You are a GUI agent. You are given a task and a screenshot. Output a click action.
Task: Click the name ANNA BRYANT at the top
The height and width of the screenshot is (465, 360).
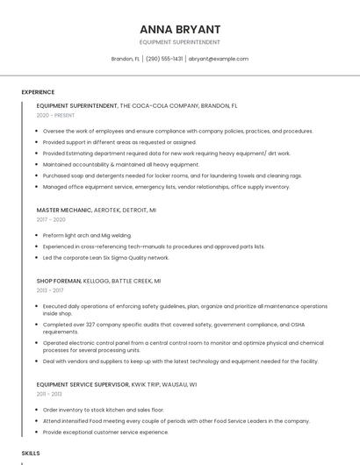[x=179, y=29]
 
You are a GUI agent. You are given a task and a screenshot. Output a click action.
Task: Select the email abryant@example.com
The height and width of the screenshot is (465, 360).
[x=219, y=59]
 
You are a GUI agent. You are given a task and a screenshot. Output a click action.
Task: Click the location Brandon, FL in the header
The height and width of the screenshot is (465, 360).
[x=125, y=59]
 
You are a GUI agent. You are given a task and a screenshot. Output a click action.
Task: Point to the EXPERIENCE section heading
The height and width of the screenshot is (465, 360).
[x=38, y=91]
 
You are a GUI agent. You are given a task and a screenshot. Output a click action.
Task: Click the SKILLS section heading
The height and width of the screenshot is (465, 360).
[x=31, y=453]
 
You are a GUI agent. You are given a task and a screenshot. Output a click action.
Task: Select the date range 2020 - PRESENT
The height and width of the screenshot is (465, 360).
[x=55, y=115]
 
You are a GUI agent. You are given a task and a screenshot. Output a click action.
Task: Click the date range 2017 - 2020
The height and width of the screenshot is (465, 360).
[x=51, y=219]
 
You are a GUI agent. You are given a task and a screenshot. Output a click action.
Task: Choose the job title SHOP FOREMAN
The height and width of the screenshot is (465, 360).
[x=59, y=281]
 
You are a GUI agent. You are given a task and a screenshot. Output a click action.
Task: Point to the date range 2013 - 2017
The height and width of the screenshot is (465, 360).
[x=50, y=290]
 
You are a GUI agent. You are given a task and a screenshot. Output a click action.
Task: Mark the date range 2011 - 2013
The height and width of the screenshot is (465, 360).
[x=49, y=394]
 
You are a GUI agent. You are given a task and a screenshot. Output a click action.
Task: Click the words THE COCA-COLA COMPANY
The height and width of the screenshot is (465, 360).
[x=162, y=105]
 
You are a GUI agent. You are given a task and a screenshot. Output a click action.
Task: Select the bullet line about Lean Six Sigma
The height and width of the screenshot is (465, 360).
[x=105, y=258]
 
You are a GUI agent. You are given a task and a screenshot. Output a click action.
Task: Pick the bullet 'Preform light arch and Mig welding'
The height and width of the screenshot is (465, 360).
[x=86, y=235]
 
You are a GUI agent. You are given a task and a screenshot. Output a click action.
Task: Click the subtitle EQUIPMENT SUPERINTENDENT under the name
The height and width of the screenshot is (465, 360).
[x=179, y=42]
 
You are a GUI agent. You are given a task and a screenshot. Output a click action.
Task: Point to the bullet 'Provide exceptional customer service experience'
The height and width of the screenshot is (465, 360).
[x=105, y=432]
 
